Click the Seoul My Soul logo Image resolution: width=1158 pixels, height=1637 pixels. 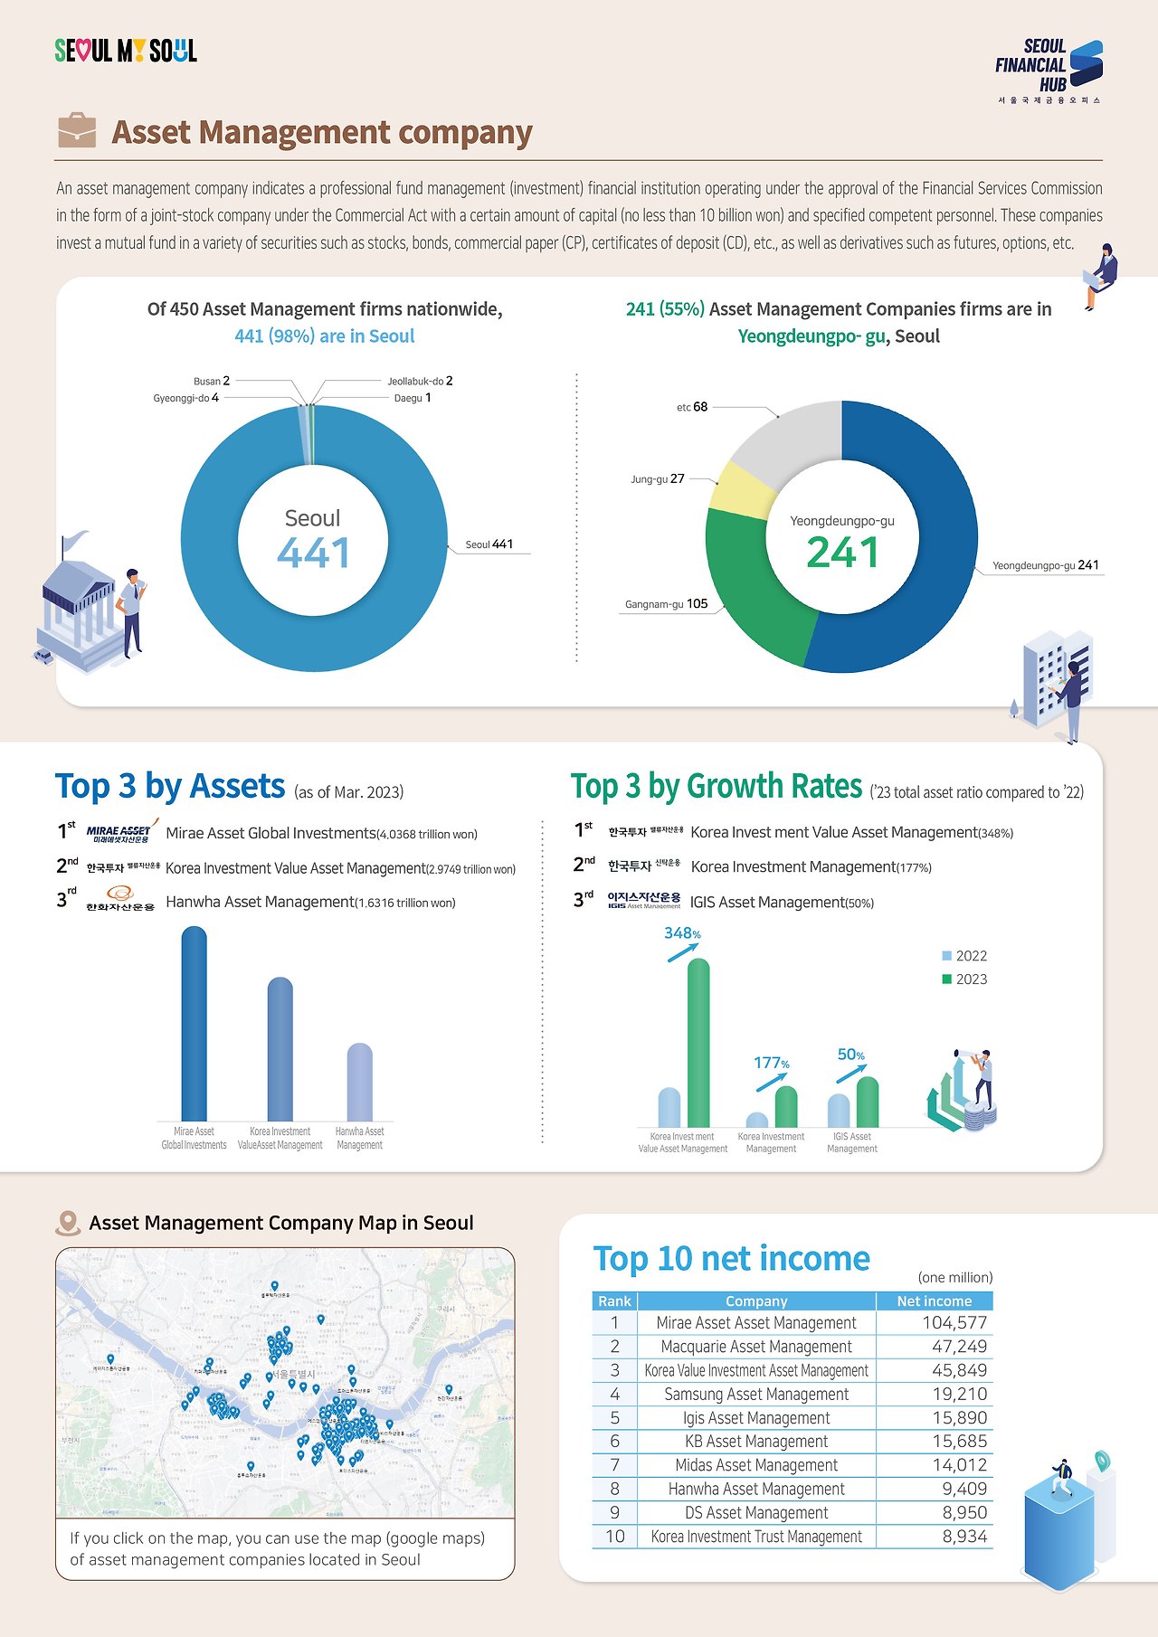click(126, 51)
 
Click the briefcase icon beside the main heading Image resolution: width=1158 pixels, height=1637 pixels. click(76, 131)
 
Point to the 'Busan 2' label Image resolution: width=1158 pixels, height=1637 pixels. click(212, 381)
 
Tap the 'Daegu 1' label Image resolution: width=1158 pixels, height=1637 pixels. click(413, 398)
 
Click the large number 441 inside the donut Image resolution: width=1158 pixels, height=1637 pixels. click(313, 554)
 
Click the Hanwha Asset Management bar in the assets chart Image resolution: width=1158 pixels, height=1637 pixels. click(359, 1083)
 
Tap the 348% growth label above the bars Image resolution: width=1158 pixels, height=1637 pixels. click(682, 933)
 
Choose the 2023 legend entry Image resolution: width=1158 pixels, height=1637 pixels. click(964, 979)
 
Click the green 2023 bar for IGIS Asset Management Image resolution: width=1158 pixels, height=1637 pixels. click(867, 1102)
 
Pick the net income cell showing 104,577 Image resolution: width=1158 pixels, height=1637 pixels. click(954, 1322)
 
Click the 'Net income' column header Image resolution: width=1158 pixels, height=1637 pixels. click(934, 1301)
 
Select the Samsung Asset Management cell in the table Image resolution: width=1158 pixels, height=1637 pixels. click(756, 1394)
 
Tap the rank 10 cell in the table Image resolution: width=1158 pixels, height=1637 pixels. click(615, 1536)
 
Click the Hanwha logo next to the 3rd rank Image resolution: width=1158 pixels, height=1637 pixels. click(120, 899)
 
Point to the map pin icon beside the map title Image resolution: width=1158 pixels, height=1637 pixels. click(68, 1224)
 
